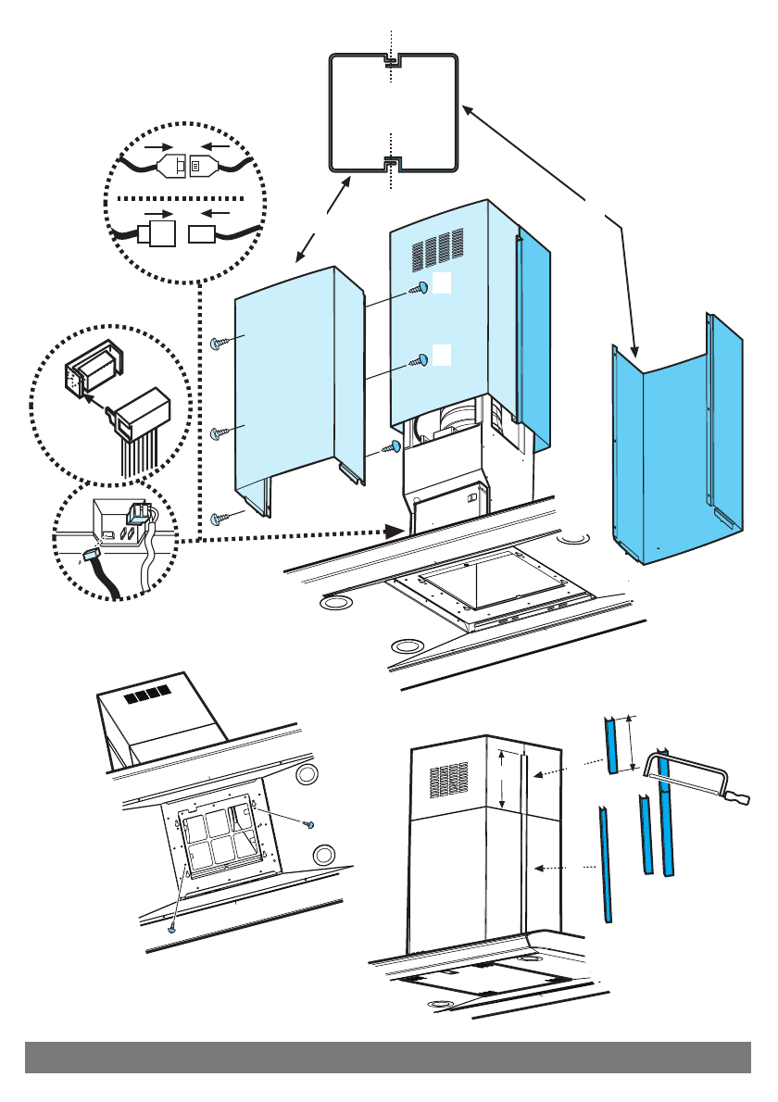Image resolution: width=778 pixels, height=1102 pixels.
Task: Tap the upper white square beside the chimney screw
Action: click(443, 284)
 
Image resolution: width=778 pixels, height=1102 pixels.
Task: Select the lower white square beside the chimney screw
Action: click(443, 354)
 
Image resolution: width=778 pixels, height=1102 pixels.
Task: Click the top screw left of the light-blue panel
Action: click(218, 344)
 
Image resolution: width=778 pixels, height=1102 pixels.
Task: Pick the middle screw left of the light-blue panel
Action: click(218, 432)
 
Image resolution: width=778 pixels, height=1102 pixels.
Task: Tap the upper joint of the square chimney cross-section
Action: click(393, 63)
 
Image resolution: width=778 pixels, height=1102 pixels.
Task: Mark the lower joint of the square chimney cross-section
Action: click(393, 164)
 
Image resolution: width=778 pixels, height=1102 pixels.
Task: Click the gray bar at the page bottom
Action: click(388, 1057)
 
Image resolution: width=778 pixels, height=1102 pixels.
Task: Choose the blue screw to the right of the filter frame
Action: click(312, 823)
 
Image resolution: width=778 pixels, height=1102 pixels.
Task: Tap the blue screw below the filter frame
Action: click(173, 926)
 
